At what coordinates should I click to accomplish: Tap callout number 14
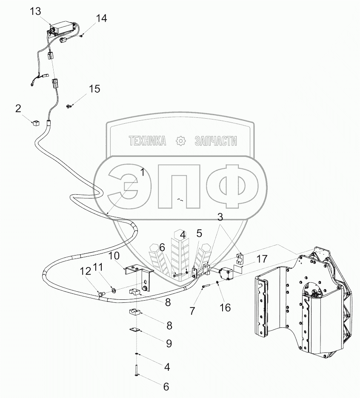101,18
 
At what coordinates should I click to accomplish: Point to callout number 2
18,108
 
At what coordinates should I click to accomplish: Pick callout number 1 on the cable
142,173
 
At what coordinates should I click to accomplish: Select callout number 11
98,267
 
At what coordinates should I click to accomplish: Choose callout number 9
169,343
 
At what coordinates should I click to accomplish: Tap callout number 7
192,311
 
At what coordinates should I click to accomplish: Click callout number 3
220,217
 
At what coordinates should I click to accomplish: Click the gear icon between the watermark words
181,141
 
